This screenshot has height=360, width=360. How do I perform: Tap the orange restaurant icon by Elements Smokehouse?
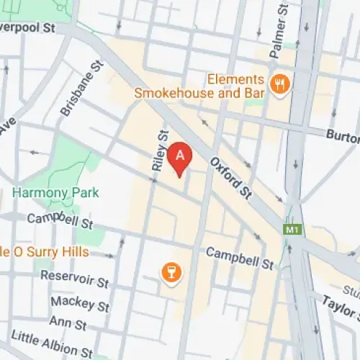pyautogui.click(x=278, y=85)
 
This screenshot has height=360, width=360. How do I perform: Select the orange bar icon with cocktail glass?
pyautogui.click(x=172, y=271)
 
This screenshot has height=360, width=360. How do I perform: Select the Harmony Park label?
pyautogui.click(x=55, y=193)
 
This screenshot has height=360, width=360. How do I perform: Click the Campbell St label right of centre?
pyautogui.click(x=240, y=257)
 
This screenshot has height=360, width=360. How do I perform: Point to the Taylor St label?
pyautogui.click(x=340, y=307)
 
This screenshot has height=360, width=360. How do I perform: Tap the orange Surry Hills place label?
pyautogui.click(x=43, y=252)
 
